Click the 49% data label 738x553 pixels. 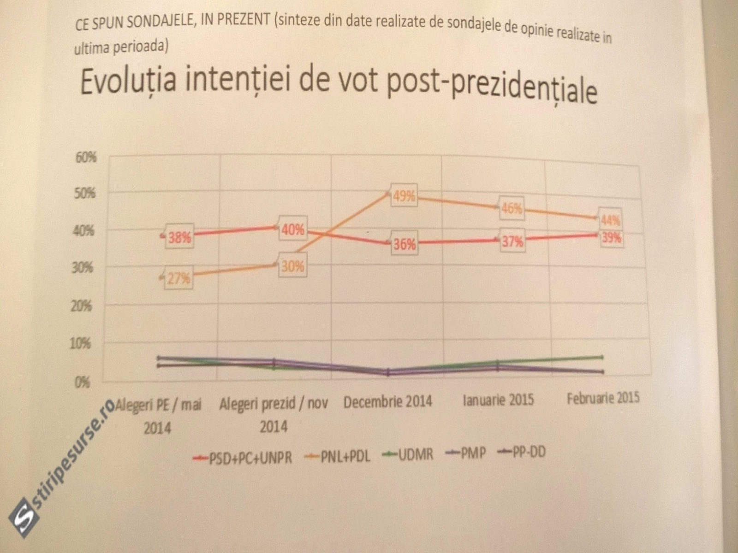(404, 196)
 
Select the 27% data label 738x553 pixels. (179, 278)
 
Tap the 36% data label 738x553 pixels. (405, 244)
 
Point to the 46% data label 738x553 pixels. (512, 208)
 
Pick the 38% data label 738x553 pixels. (179, 238)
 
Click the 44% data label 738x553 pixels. (610, 221)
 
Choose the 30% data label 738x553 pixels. (292, 266)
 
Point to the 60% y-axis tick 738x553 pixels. (86, 158)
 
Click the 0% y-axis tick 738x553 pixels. (81, 382)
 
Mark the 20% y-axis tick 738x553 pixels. (81, 306)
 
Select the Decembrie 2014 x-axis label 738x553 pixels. (388, 402)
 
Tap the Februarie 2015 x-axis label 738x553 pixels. (603, 398)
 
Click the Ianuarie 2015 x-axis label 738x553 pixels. (498, 400)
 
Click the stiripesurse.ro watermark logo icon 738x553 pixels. (24, 518)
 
